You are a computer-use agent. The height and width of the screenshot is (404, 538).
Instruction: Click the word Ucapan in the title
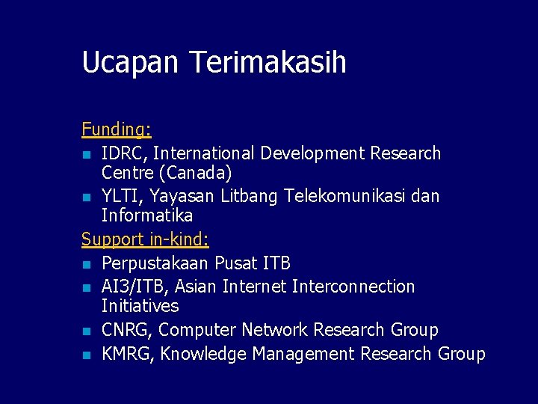click(x=131, y=63)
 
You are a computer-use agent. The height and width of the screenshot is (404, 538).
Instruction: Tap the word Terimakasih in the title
click(x=268, y=62)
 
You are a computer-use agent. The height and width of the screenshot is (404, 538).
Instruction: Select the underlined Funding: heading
click(x=117, y=129)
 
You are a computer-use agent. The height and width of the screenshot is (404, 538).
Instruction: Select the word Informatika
click(x=147, y=215)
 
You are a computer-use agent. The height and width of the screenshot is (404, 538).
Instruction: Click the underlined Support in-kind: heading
click(x=145, y=239)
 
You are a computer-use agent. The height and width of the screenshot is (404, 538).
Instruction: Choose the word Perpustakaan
click(x=155, y=264)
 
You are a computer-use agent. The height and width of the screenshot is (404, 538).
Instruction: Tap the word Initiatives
click(x=140, y=306)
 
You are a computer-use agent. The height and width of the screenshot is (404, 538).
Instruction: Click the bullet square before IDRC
click(x=87, y=155)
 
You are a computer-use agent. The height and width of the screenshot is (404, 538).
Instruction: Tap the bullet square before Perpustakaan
click(x=87, y=265)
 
